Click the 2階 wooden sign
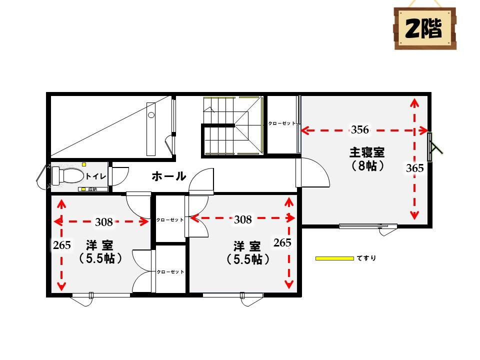coord(425,28)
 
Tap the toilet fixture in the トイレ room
coord(67,175)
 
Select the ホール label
coord(169,176)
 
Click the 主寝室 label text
coord(366,152)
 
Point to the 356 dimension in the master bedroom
coord(359,130)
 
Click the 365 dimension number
coord(415,168)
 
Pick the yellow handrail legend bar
coord(334,258)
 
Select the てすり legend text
coord(366,258)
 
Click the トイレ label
coord(96,176)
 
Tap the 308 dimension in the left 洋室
coord(104,222)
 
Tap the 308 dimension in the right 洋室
coord(243,219)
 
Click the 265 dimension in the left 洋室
coord(62,245)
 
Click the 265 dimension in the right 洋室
coord(282,242)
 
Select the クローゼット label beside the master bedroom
coord(282,123)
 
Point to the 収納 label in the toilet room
coord(92,189)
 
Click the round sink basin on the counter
coord(151,115)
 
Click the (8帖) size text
coord(366,165)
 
